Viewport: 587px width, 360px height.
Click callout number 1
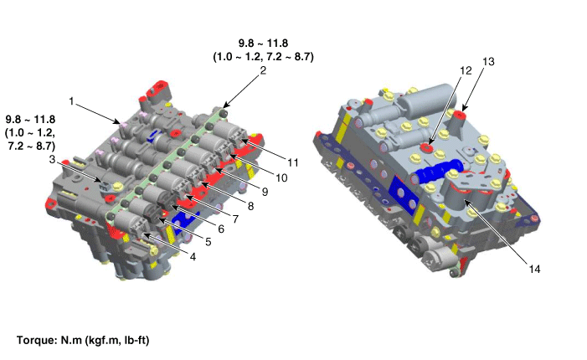(71, 101)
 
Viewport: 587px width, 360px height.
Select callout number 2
(263, 70)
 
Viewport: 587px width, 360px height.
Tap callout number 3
(52, 159)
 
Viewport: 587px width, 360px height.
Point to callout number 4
(193, 257)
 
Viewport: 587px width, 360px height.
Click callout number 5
(209, 242)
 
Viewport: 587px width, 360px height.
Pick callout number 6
(221, 229)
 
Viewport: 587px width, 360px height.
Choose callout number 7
(235, 219)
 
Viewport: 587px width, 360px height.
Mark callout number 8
(250, 206)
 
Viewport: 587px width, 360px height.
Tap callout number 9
(265, 192)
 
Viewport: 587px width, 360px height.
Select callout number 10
(281, 178)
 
